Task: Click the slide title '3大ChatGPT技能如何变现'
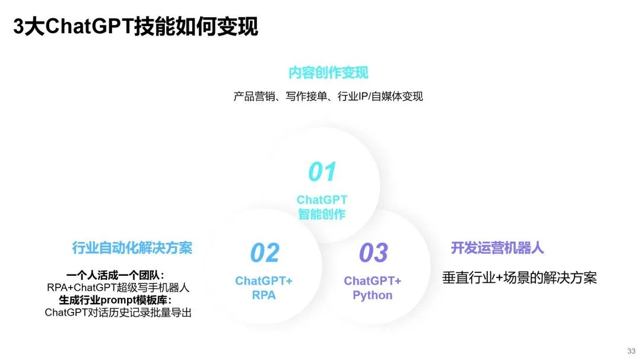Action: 135,27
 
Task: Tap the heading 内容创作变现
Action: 328,73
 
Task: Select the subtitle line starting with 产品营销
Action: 328,97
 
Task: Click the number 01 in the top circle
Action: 322,171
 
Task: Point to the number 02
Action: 265,253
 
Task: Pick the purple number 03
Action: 373,253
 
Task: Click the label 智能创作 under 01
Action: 322,214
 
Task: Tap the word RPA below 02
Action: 264,295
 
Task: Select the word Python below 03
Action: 372,295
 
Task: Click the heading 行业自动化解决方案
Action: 132,248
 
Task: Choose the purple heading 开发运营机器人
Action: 497,248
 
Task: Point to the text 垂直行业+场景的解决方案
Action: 519,278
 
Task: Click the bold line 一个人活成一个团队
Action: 115,275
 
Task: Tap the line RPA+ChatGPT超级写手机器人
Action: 118,288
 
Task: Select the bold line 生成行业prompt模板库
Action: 115,300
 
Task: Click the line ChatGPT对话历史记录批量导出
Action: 118,313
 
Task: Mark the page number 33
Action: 631,351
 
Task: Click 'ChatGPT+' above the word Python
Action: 372,281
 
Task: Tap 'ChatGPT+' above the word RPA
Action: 264,281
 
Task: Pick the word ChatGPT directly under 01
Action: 322,200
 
